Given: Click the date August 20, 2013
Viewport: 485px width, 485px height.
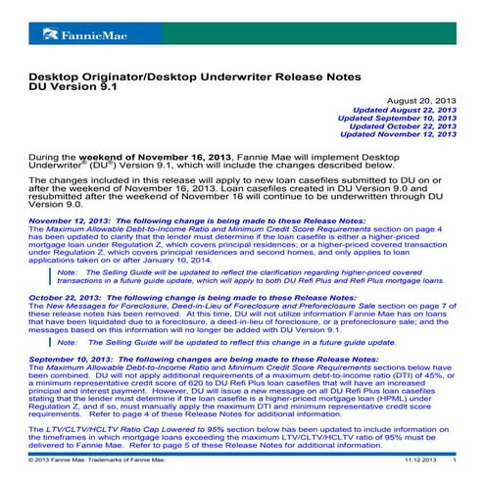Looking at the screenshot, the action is click(423, 101).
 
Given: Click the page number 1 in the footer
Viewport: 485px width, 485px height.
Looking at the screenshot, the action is click(454, 459).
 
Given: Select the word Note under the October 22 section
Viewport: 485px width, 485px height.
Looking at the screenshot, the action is click(68, 344).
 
